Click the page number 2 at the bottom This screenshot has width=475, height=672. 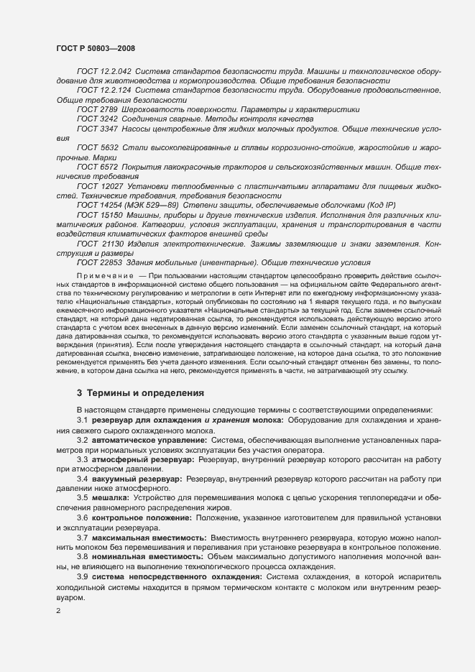pyautogui.click(x=58, y=611)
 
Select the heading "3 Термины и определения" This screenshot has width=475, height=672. pyautogui.click(x=131, y=393)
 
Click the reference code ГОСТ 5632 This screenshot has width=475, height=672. pyautogui.click(x=97, y=147)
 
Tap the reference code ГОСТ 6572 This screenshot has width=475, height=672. pyautogui.click(x=97, y=166)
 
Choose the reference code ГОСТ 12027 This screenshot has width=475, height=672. pyautogui.click(x=99, y=185)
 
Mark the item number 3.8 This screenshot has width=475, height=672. pyautogui.click(x=82, y=556)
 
